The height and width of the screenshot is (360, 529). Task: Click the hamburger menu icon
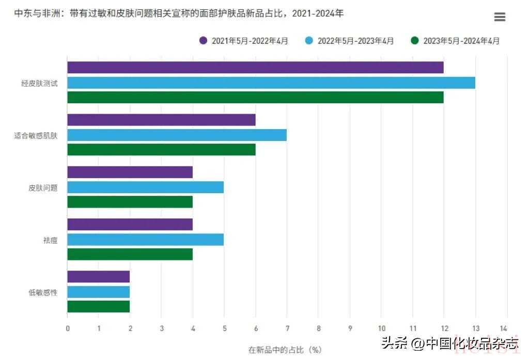[500, 17]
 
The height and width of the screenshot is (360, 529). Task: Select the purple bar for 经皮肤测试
[255, 67]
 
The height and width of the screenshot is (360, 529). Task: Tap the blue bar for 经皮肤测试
[271, 83]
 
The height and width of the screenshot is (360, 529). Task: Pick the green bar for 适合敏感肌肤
[161, 150]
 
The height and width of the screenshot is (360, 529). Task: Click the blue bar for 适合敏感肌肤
[177, 135]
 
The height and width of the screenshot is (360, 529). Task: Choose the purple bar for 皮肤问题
[130, 172]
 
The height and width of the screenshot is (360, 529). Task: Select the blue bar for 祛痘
[145, 240]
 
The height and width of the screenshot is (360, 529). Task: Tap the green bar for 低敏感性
[98, 306]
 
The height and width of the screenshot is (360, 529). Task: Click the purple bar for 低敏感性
[98, 276]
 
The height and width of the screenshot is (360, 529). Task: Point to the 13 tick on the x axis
[475, 328]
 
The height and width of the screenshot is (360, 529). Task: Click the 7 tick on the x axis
[287, 328]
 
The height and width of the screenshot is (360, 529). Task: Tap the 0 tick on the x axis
[68, 328]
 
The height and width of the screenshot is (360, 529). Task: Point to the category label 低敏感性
[43, 292]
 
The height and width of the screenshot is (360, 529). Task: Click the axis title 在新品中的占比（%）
[285, 350]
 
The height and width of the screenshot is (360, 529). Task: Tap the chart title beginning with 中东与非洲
[179, 13]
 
